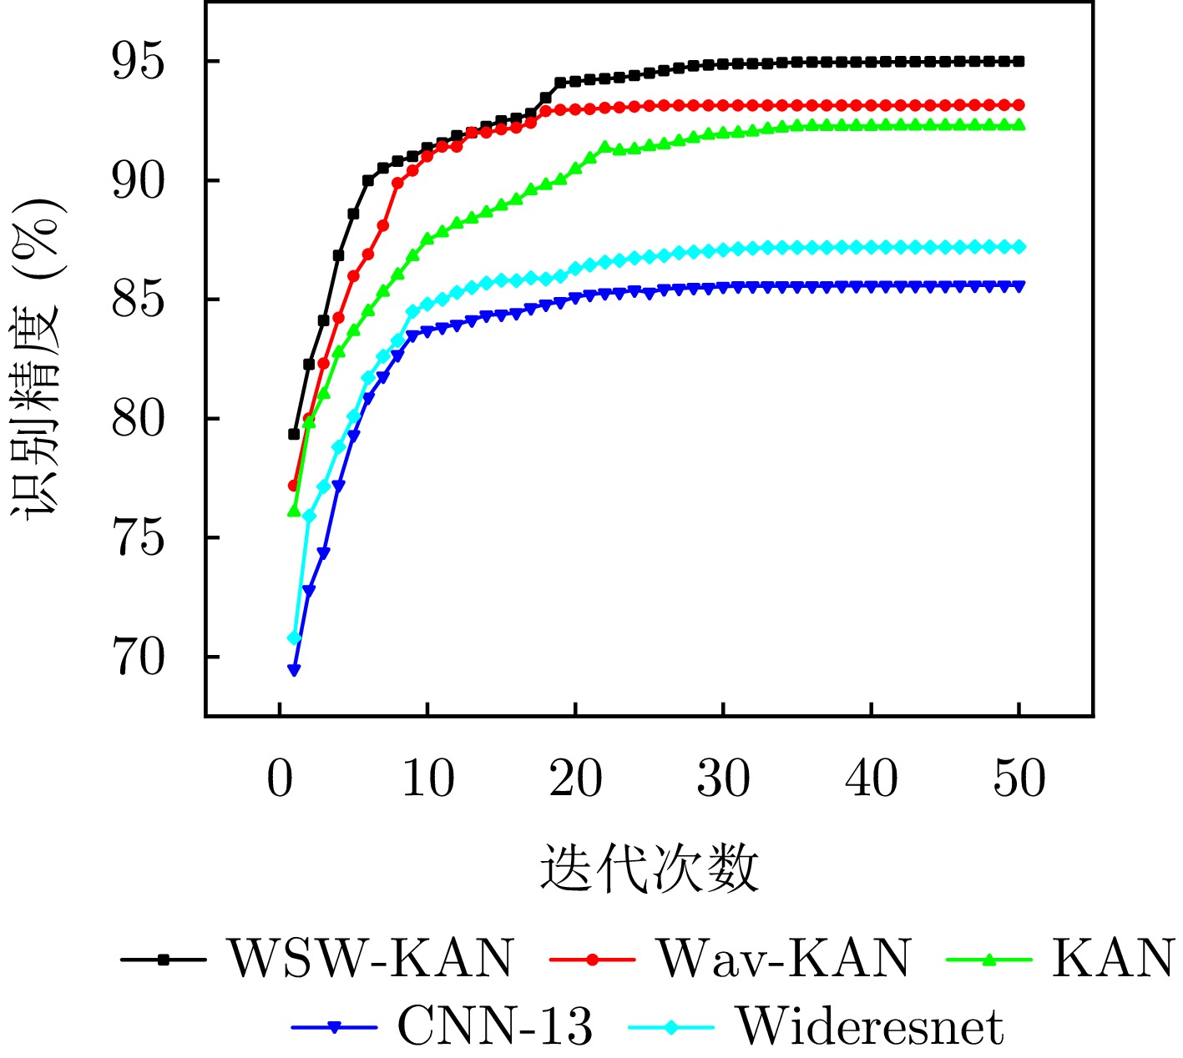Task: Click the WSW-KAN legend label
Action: pyautogui.click(x=372, y=959)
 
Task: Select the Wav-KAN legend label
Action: pyautogui.click(x=784, y=959)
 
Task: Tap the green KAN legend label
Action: pyautogui.click(x=1113, y=959)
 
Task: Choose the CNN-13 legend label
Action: pyautogui.click(x=495, y=1026)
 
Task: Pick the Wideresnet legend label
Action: pyautogui.click(x=869, y=1026)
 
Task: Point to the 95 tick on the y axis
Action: pyautogui.click(x=139, y=62)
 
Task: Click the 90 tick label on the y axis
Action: pyautogui.click(x=139, y=181)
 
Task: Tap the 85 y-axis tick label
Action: pyautogui.click(x=139, y=300)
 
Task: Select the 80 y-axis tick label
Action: pyautogui.click(x=139, y=420)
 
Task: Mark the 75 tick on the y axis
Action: pyautogui.click(x=139, y=539)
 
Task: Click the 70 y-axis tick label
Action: pyautogui.click(x=139, y=658)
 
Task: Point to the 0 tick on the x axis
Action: pyautogui.click(x=280, y=780)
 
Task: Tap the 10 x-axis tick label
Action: pyautogui.click(x=427, y=780)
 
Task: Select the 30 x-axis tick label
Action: pyautogui.click(x=724, y=780)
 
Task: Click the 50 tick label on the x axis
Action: pyautogui.click(x=1019, y=780)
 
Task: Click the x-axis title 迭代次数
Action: pyautogui.click(x=650, y=868)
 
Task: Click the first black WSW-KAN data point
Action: pyautogui.click(x=294, y=434)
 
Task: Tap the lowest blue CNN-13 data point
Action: pyautogui.click(x=294, y=670)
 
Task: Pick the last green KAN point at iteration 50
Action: pyautogui.click(x=1019, y=124)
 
